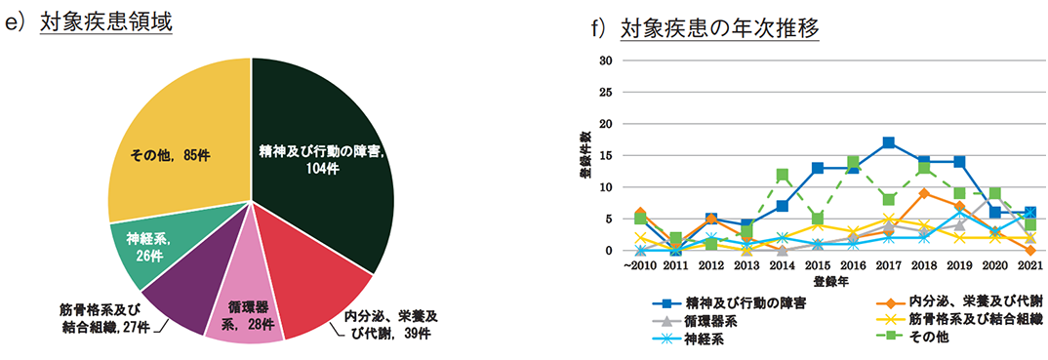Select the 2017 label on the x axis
point(888,265)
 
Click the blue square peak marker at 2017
point(888,142)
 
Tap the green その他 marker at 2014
point(783,175)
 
